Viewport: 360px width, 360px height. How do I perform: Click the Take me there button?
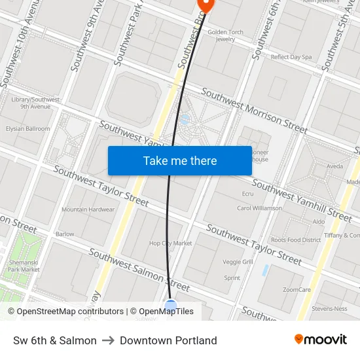(x=179, y=160)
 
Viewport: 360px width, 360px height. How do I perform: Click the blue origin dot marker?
(x=171, y=306)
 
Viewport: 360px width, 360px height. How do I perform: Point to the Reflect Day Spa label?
(x=291, y=57)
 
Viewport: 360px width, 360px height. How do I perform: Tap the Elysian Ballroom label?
(x=27, y=129)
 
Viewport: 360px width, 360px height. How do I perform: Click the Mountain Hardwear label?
(x=88, y=209)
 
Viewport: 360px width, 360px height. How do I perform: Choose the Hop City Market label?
(x=170, y=243)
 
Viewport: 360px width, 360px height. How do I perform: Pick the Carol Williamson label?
(x=259, y=208)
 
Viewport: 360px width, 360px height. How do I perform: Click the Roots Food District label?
(x=296, y=240)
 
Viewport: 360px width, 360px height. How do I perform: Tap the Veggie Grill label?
(x=238, y=262)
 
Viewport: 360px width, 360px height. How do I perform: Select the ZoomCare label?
(x=297, y=289)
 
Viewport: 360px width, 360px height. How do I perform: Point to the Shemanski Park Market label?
(x=24, y=265)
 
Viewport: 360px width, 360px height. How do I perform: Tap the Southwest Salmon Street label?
(x=139, y=270)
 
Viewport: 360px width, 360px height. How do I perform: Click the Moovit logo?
(x=320, y=340)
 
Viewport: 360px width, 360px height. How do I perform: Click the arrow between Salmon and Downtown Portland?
(x=108, y=340)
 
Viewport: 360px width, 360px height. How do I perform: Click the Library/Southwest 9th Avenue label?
(x=35, y=103)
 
